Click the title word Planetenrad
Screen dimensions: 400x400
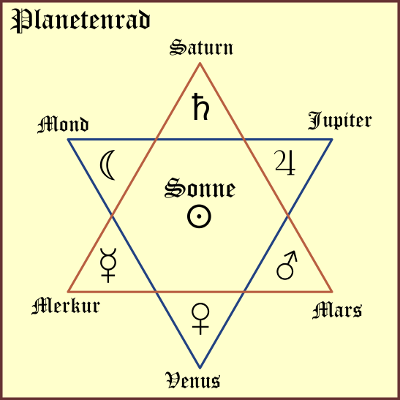[x=80, y=20]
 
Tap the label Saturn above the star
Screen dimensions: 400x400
[x=201, y=48]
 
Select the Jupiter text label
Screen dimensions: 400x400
[x=340, y=121]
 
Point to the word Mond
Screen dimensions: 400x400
[x=63, y=124]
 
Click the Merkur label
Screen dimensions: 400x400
[x=66, y=306]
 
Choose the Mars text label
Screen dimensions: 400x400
[x=337, y=310]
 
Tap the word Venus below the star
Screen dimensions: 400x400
[x=193, y=380]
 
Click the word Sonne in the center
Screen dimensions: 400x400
[x=200, y=188]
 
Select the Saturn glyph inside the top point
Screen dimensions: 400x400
[x=201, y=107]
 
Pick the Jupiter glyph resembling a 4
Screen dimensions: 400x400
[x=285, y=163]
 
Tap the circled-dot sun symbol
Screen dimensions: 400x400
[x=199, y=216]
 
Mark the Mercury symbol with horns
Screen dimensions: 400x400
[x=108, y=265]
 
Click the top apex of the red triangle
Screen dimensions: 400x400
[x=200, y=63]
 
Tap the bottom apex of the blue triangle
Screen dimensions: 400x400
[x=200, y=368]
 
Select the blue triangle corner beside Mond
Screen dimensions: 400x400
[x=68, y=140]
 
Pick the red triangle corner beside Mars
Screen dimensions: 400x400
[x=332, y=291]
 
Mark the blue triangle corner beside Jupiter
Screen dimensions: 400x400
[x=332, y=140]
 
